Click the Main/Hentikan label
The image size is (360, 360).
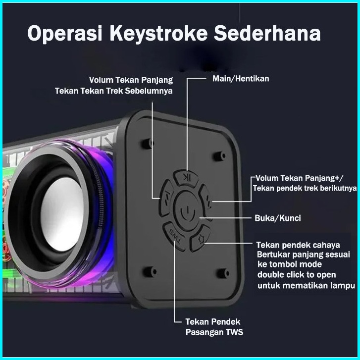click(x=241, y=79)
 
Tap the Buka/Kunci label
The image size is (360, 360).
click(x=277, y=218)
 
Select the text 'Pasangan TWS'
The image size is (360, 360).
click(x=214, y=332)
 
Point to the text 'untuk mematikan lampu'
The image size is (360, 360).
click(x=307, y=285)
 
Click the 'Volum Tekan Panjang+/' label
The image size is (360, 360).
click(x=300, y=178)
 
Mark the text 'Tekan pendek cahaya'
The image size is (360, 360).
click(x=298, y=245)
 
